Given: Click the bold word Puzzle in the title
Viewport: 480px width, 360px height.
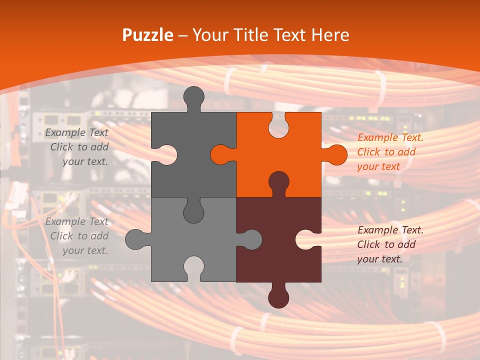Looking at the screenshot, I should pyautogui.click(x=148, y=35).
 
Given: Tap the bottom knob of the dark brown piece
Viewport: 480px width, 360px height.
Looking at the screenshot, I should pyautogui.click(x=278, y=297).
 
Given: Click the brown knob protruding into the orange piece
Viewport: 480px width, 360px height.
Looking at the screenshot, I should pyautogui.click(x=278, y=181).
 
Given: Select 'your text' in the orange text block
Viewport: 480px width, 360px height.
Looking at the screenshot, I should pyautogui.click(x=378, y=166).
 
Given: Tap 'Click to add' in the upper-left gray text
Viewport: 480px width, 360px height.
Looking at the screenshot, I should pyautogui.click(x=79, y=147).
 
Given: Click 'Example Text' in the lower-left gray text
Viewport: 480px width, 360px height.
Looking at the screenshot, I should pyautogui.click(x=76, y=221).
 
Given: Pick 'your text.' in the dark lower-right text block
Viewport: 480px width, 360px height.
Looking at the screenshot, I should pyautogui.click(x=379, y=259).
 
